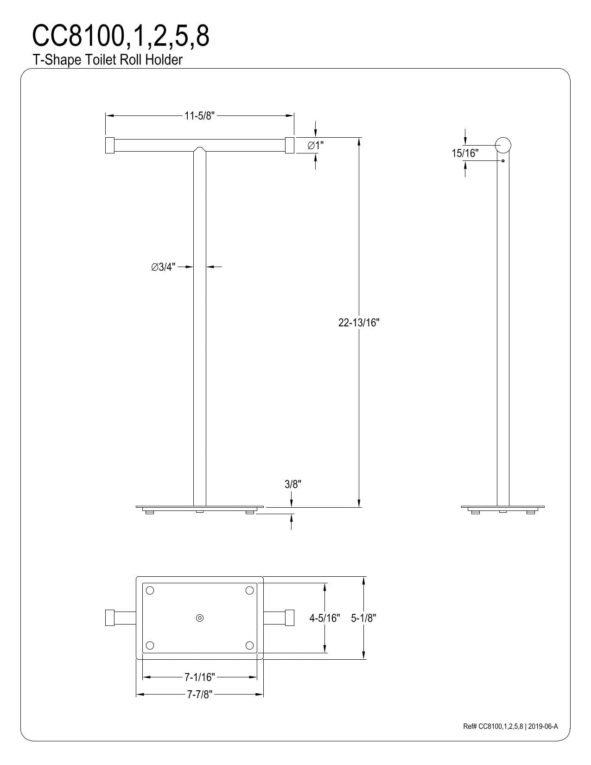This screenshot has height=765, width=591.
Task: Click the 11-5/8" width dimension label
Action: pyautogui.click(x=199, y=116)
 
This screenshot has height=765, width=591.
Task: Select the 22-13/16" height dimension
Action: pyautogui.click(x=359, y=323)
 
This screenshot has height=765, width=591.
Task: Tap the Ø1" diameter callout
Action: pyautogui.click(x=315, y=146)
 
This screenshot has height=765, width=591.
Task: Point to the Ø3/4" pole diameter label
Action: pyautogui.click(x=163, y=267)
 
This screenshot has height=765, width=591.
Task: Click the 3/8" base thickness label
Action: pyautogui.click(x=293, y=484)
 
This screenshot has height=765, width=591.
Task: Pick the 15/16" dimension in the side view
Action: pyautogui.click(x=465, y=153)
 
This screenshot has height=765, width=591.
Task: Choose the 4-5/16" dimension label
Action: pyautogui.click(x=324, y=618)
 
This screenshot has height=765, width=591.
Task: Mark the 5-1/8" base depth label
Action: pyautogui.click(x=363, y=618)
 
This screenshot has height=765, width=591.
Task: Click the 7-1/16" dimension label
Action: pyautogui.click(x=200, y=677)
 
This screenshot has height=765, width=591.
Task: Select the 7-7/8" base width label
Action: pyautogui.click(x=200, y=694)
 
